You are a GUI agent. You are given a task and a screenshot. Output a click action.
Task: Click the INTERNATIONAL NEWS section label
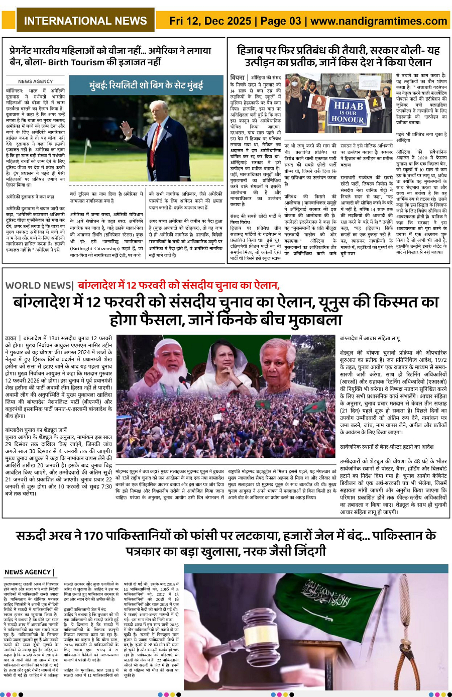[85, 21]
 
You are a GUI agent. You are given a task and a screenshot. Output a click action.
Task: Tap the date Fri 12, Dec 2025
[210, 21]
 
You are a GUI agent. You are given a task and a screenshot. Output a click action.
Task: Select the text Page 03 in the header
[281, 21]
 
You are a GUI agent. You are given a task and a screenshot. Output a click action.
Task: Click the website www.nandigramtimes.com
[379, 21]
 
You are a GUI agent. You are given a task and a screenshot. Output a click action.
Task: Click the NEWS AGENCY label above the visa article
[35, 81]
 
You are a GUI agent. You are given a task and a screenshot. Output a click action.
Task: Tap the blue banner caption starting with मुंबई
[146, 85]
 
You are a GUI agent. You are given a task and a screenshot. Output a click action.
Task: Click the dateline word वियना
[237, 77]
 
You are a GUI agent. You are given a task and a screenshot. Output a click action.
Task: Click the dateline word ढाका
[11, 339]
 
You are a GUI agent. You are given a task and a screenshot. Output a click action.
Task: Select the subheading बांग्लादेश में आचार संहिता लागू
[370, 339]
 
